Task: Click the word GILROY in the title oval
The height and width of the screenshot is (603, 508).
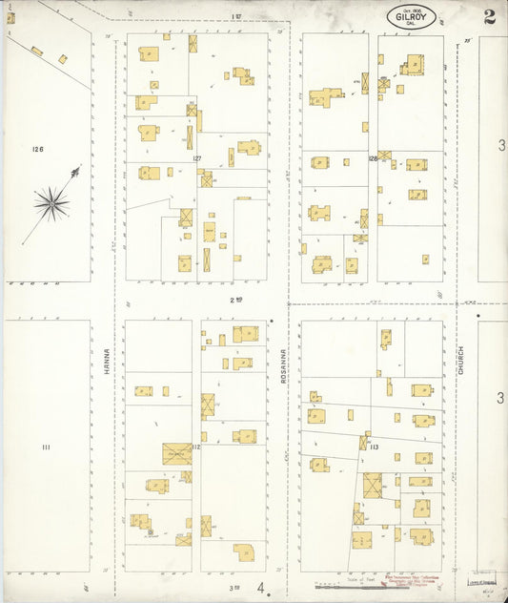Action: pos(411,15)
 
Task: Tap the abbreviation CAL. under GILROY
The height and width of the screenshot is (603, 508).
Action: pos(411,25)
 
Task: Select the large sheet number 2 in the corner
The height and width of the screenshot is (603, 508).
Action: pos(489,16)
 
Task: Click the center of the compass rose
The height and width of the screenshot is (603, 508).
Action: pos(51,202)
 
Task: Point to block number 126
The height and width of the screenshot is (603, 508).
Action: pos(38,149)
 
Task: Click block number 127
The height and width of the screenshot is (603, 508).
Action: pos(196,157)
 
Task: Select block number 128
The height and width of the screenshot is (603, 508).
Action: pos(374,157)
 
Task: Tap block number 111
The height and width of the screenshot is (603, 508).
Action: pos(45,447)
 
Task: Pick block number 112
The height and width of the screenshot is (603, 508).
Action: pos(195,447)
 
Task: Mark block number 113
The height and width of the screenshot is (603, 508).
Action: pos(374,447)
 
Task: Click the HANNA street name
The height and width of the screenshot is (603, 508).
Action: pos(108,359)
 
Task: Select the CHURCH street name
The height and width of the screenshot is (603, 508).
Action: pos(458,359)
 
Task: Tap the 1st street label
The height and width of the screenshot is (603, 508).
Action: pos(236,16)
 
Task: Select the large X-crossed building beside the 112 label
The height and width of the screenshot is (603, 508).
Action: pos(176,453)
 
